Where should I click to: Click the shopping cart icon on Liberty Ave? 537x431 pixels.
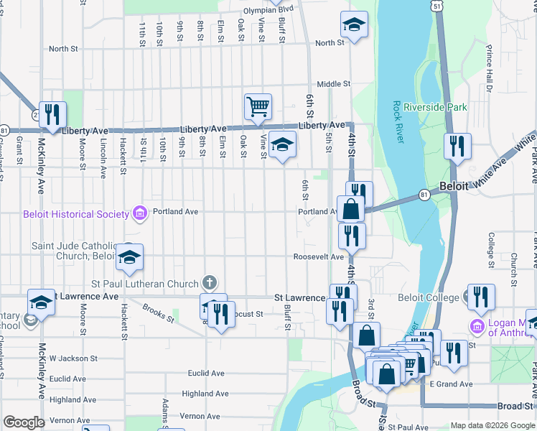pyautogui.click(x=258, y=107)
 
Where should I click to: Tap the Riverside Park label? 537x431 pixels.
pyautogui.click(x=435, y=107)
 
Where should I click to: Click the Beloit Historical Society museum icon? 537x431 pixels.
pyautogui.click(x=139, y=213)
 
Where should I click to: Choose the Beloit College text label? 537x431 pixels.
pyautogui.click(x=429, y=297)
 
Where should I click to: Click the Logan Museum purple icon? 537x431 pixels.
pyautogui.click(x=477, y=327)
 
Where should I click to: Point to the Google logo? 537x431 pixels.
pyautogui.click(x=23, y=422)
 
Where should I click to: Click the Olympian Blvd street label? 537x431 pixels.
pyautogui.click(x=268, y=10)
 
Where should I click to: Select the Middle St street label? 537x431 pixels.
pyautogui.click(x=333, y=84)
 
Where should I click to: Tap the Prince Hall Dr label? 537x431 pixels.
pyautogui.click(x=489, y=69)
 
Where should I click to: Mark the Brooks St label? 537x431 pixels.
pyautogui.click(x=158, y=310)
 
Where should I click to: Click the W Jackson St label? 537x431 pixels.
pyautogui.click(x=73, y=358)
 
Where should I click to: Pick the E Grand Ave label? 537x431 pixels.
pyautogui.click(x=451, y=384)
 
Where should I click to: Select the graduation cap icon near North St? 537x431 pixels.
pyautogui.click(x=353, y=26)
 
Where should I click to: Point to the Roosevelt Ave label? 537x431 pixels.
pyautogui.click(x=318, y=257)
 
